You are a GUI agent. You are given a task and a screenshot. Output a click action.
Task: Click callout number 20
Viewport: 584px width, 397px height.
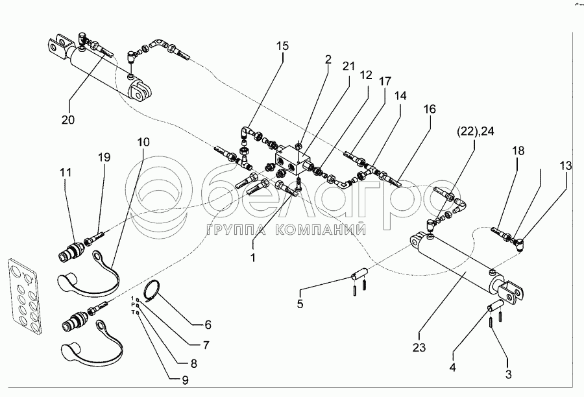tap(68, 119)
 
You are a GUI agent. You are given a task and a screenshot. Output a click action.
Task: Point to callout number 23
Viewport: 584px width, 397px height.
tap(419, 347)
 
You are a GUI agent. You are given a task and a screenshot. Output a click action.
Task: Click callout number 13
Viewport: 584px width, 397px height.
tap(566, 166)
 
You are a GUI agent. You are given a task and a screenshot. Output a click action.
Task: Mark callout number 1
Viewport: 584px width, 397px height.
tap(254, 258)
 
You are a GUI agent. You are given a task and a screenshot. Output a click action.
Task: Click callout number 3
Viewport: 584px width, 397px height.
tap(508, 374)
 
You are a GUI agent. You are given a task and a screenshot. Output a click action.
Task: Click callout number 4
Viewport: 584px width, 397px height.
tap(452, 367)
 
